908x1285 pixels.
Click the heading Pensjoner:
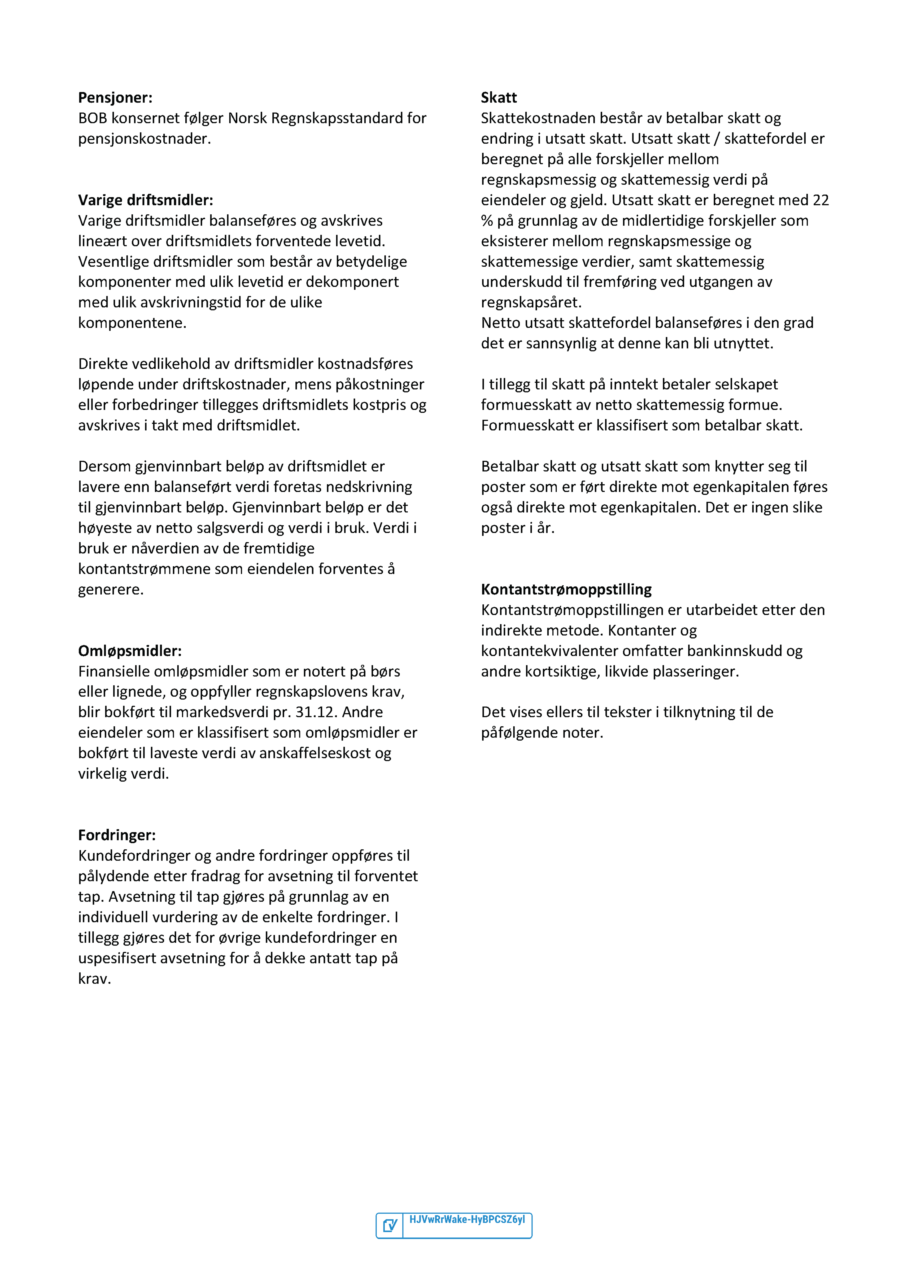pos(115,98)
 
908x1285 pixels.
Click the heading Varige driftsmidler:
pos(145,200)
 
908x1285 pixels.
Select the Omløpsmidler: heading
pos(130,651)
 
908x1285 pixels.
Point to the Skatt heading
pos(498,98)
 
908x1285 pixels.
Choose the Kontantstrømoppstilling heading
pos(566,589)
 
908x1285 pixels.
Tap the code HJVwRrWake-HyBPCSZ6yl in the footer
pos(467,1219)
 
